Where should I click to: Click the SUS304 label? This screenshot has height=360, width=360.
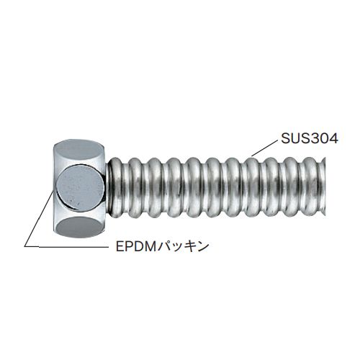310,138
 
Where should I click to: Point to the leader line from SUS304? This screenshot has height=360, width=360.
264,148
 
